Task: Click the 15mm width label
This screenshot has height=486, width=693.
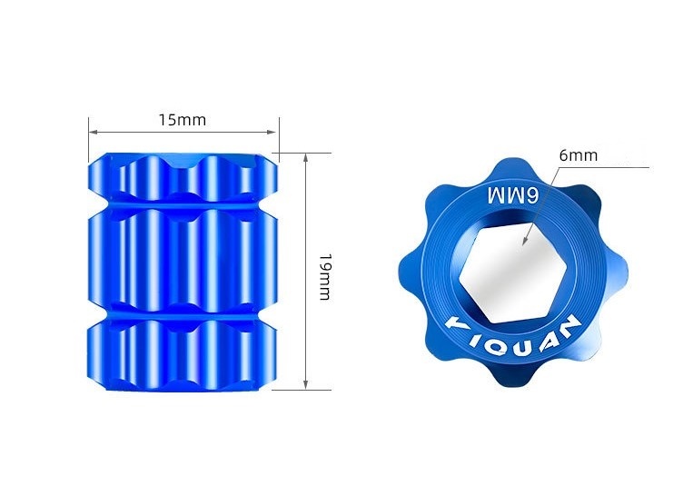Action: [x=183, y=120]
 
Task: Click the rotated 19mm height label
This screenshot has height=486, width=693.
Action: [x=325, y=277]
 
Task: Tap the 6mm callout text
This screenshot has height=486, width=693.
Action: [x=578, y=155]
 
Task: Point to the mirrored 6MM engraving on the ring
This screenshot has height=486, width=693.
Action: [x=513, y=195]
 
